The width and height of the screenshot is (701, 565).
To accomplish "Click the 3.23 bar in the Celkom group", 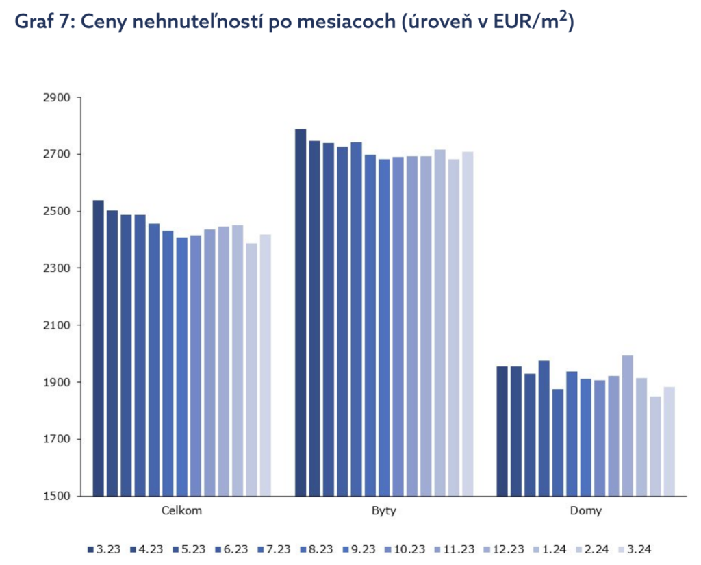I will click(98, 348).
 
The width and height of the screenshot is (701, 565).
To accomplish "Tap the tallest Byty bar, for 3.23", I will click(301, 312).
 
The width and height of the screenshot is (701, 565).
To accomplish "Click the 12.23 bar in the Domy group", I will click(627, 425).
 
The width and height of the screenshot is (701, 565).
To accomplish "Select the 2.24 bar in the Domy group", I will click(655, 446).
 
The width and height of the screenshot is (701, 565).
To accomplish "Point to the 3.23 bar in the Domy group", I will click(502, 431).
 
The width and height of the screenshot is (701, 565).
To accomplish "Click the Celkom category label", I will click(181, 511).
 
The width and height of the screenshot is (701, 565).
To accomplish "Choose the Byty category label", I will click(383, 511).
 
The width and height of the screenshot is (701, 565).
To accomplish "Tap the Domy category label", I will click(586, 511).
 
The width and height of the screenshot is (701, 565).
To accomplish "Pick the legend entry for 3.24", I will click(635, 549).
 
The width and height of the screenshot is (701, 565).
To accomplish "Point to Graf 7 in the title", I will click(43, 23).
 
